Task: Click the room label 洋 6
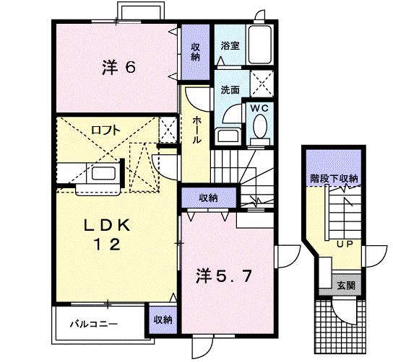pos(118,68)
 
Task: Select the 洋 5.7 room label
pos(226,275)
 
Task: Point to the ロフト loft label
pos(105,131)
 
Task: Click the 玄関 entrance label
pos(344,285)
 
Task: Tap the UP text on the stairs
pos(344,244)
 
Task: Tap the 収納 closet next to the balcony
pos(163,319)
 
